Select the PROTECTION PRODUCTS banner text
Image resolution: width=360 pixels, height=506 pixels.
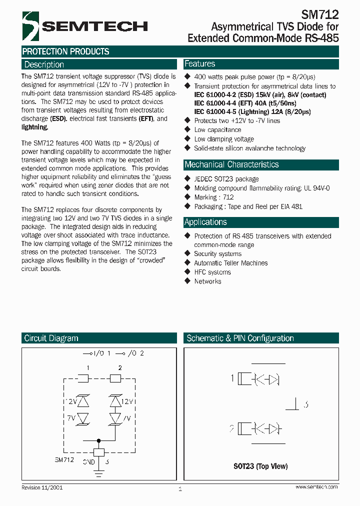[x=65, y=51]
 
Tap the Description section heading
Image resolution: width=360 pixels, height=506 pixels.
[x=44, y=64]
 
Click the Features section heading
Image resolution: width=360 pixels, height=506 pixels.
[x=199, y=64]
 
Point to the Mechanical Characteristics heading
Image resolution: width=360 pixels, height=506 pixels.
[x=231, y=164]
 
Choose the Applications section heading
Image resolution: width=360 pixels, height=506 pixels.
[x=205, y=222]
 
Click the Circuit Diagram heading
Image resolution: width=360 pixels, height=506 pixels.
[x=51, y=338]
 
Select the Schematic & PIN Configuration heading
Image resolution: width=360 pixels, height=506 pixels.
[x=240, y=338]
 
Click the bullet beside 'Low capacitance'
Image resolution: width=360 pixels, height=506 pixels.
[x=187, y=130]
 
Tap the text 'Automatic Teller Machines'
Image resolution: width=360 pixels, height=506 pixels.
[x=230, y=263]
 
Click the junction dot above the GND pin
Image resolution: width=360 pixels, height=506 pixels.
[x=98, y=441]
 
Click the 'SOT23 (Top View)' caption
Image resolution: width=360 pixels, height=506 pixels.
[x=260, y=466]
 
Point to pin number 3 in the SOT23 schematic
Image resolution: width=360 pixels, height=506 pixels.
[x=305, y=404]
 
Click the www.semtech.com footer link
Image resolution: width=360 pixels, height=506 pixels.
[x=316, y=487]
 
